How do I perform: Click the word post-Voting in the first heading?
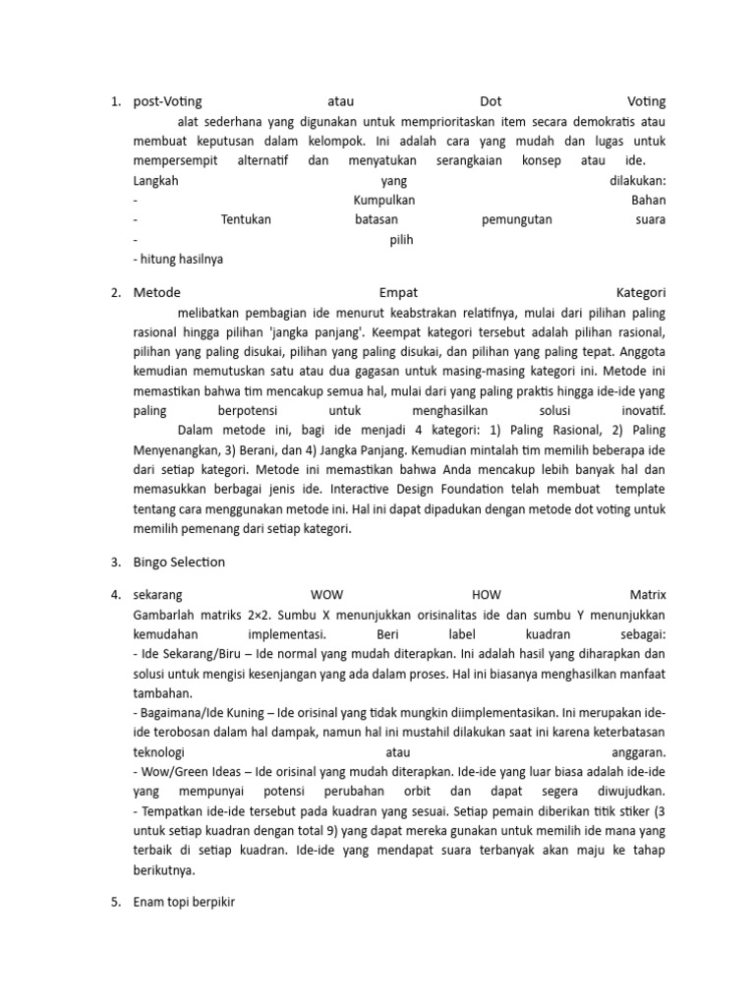(x=167, y=101)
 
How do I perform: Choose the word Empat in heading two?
(x=398, y=292)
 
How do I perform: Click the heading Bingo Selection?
(x=179, y=563)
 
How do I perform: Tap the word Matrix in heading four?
(x=646, y=595)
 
